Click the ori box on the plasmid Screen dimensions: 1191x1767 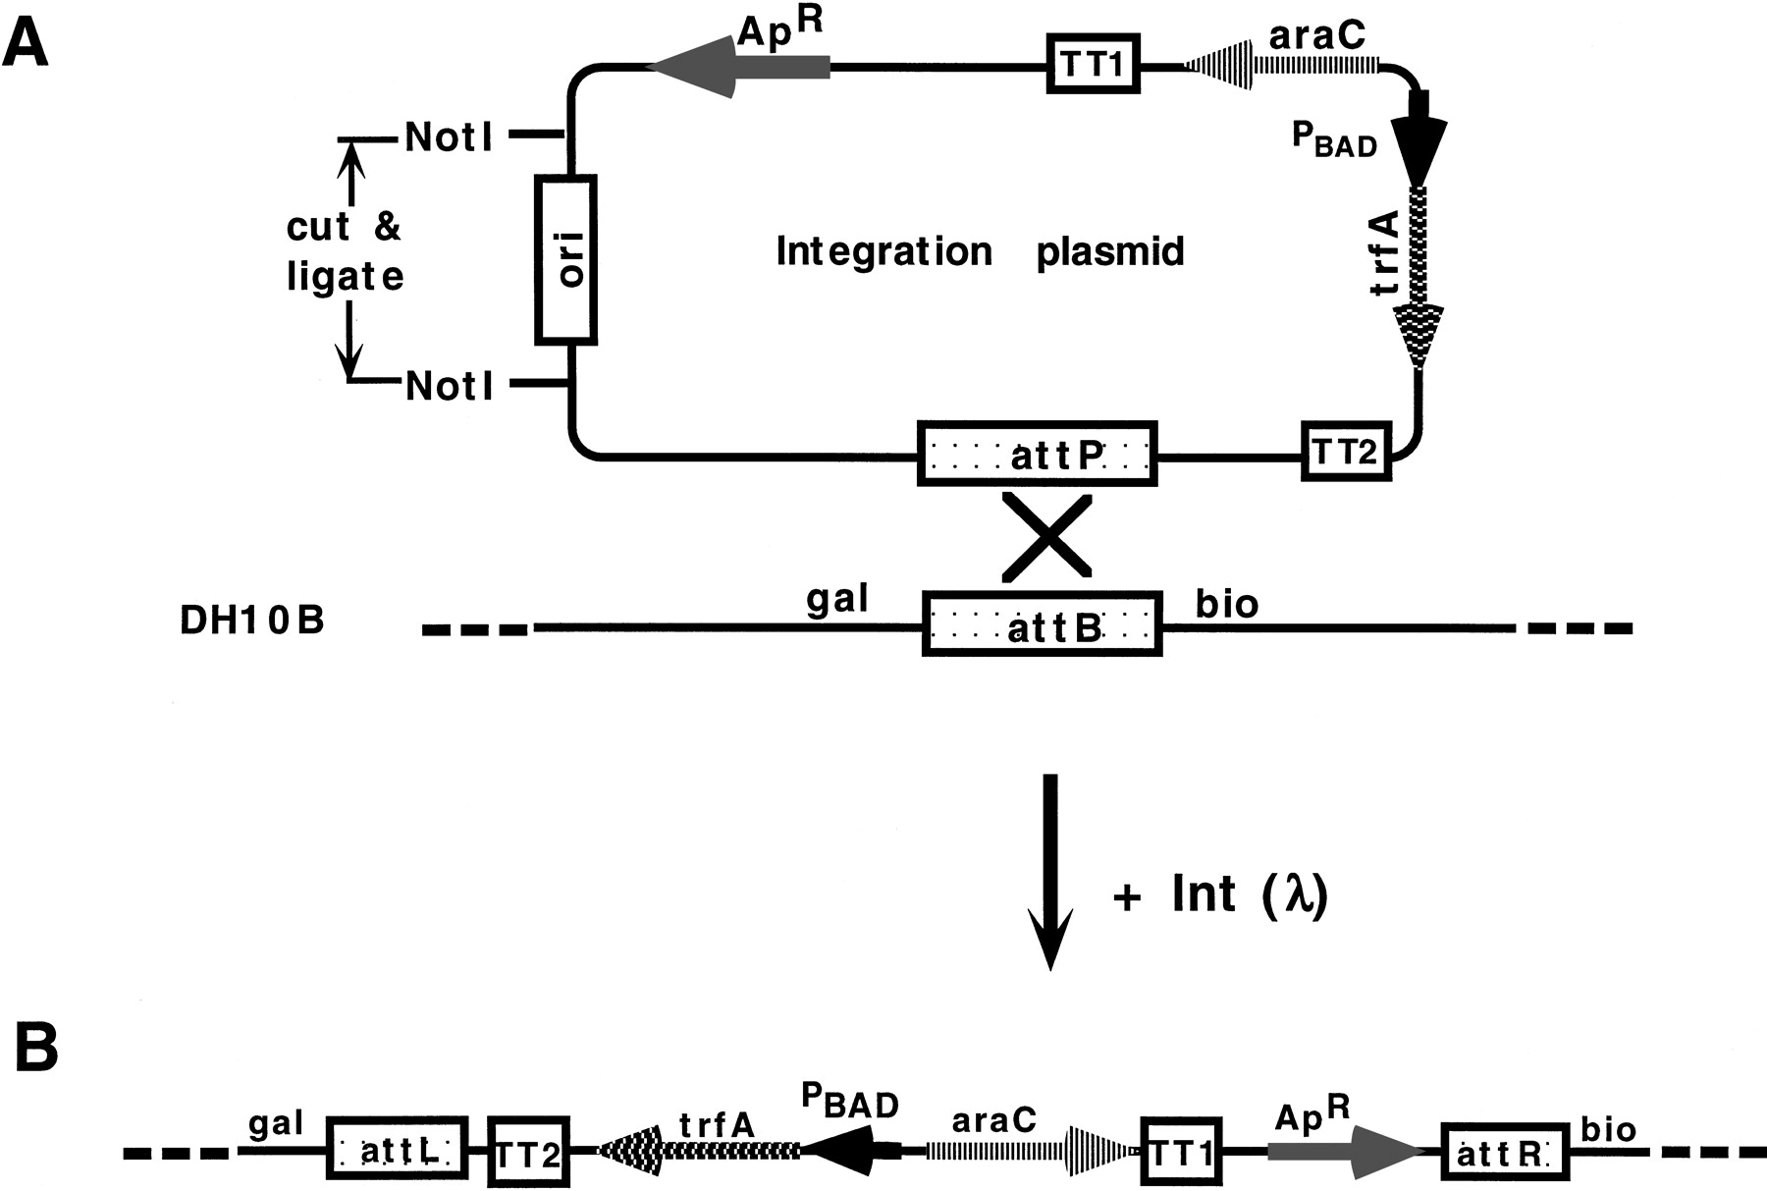566,259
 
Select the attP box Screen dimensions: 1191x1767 1038,454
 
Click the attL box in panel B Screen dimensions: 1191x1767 398,1150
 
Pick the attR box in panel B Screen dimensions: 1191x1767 1504,1152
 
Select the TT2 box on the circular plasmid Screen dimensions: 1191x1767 1346,452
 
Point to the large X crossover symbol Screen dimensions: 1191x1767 1046,536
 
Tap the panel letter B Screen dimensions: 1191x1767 36,1051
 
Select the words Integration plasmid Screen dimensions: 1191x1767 980,252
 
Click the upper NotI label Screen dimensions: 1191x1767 450,137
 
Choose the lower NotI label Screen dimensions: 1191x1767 450,386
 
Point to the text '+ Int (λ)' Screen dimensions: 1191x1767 1221,895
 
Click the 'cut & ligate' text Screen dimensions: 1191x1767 345,251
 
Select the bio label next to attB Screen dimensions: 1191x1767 1226,603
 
